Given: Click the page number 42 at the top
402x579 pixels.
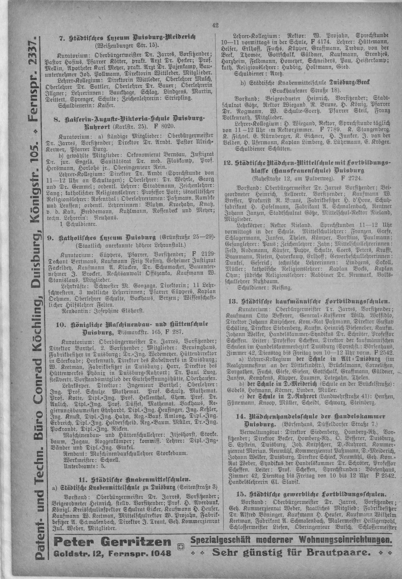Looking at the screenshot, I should (x=215, y=25).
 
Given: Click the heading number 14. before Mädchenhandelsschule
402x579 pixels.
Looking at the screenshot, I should (x=241, y=417).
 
